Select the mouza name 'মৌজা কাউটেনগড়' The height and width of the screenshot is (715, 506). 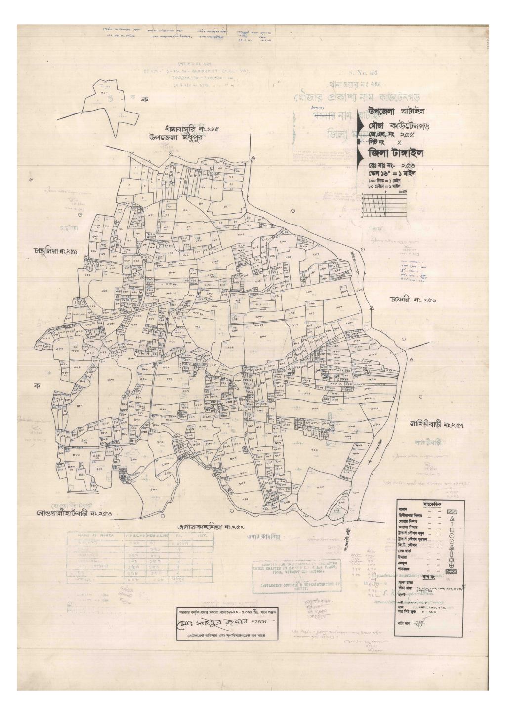pyautogui.click(x=398, y=126)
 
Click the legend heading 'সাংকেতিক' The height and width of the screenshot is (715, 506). pyautogui.click(x=432, y=504)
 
